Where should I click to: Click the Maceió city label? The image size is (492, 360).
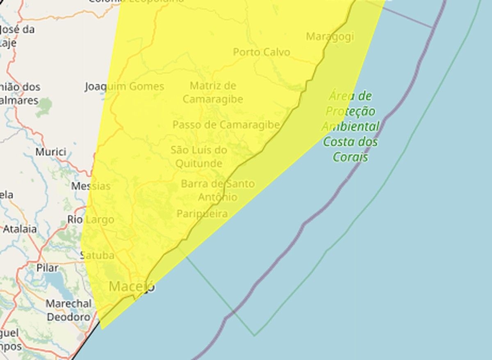coord(132,286)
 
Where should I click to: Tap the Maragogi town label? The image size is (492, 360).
coord(330,36)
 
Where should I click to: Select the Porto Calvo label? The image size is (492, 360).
coord(261,52)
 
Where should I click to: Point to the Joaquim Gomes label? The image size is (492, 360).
coord(124,87)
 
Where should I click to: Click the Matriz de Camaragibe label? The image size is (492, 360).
coord(212,93)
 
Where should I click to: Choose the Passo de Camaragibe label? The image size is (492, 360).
coord(226,125)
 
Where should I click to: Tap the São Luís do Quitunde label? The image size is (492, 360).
coord(199,157)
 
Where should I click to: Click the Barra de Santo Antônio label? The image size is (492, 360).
coord(217,190)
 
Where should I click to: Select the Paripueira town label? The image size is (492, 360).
coord(202,214)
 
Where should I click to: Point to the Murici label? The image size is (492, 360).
coord(50,152)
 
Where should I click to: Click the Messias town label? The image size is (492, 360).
coord(91,186)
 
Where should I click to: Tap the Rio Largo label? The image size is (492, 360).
coord(91,220)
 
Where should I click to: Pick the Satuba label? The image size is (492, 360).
coord(97,255)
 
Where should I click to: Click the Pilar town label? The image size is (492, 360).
coord(47,268)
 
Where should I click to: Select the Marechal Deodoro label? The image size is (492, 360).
coord(68,310)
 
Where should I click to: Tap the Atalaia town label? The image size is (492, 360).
coord(20,229)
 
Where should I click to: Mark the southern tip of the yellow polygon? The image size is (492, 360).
coord(102,328)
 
